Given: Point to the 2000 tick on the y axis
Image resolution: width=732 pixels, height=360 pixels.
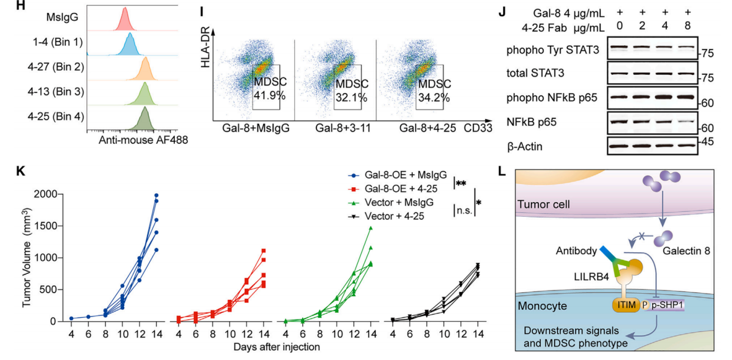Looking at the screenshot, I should [46, 195].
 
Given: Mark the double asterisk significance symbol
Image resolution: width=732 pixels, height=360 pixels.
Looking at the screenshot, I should [461, 184].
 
